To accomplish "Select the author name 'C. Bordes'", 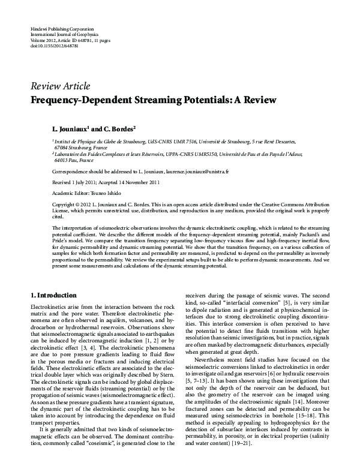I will click(116, 129).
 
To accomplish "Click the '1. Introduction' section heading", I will click(53, 296).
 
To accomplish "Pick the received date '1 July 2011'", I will click(85, 182).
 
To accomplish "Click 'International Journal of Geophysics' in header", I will click(64, 34).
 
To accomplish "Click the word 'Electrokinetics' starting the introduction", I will click(48, 306).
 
